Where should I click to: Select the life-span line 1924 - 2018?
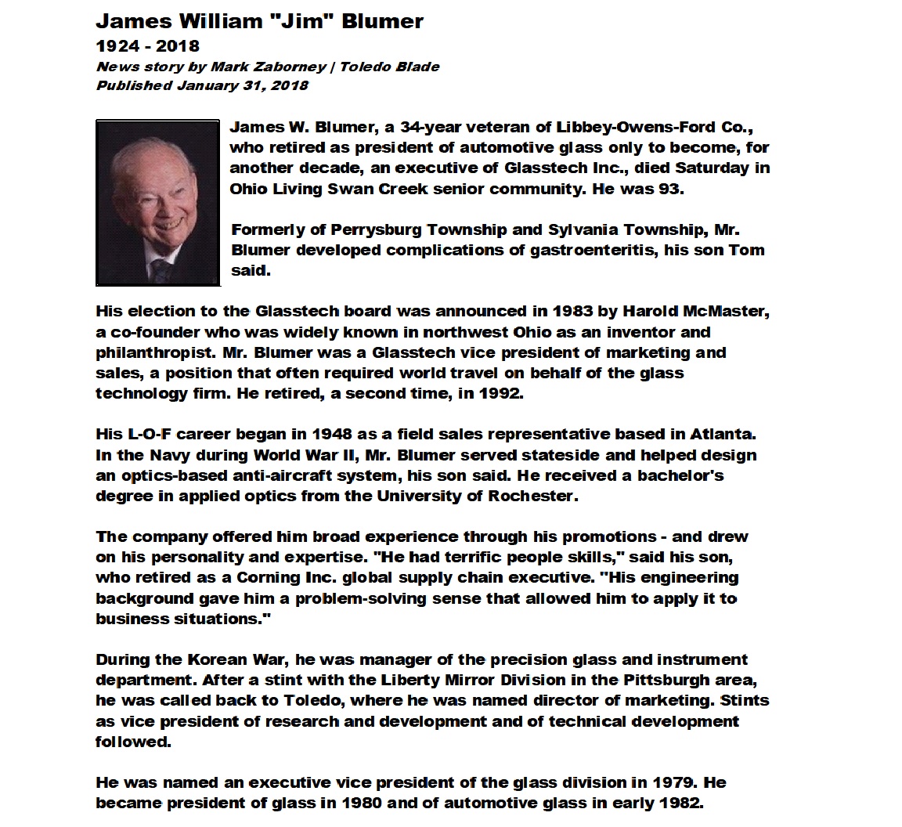tap(147, 46)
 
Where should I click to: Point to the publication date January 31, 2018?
tap(242, 85)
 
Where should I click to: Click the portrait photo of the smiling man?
tap(157, 203)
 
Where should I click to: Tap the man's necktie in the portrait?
tap(161, 270)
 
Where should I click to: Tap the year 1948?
tap(337, 434)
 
